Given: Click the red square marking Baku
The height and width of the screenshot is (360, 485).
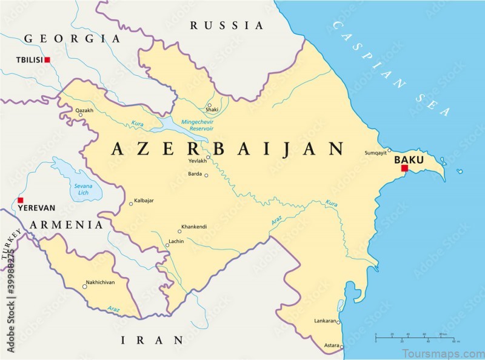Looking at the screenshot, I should coord(404,168).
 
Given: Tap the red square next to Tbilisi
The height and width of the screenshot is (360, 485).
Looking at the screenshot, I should coord(47,60).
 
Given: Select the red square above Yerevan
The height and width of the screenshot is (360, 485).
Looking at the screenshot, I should coord(20,200).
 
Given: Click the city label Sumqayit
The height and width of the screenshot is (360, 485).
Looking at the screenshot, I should coord(375,153).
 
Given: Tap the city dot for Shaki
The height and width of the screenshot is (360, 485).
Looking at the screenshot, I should coord(209,105).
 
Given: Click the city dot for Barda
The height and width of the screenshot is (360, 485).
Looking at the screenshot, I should coord(206,176).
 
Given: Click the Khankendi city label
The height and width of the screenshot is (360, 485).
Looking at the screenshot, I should coord(195,227).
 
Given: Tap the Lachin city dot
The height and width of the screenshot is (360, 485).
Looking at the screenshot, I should coord(167,245).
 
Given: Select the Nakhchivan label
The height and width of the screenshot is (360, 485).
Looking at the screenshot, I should coord(101,282).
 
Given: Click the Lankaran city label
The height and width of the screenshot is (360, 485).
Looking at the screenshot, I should coord(325,320).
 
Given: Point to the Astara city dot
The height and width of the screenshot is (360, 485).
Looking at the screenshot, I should coord(342,347).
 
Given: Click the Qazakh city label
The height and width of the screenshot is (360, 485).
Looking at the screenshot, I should coord(85,110).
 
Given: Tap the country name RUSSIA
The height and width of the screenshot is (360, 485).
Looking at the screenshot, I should coord(227,25).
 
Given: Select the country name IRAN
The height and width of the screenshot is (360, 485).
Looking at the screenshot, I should coord(152,339).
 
